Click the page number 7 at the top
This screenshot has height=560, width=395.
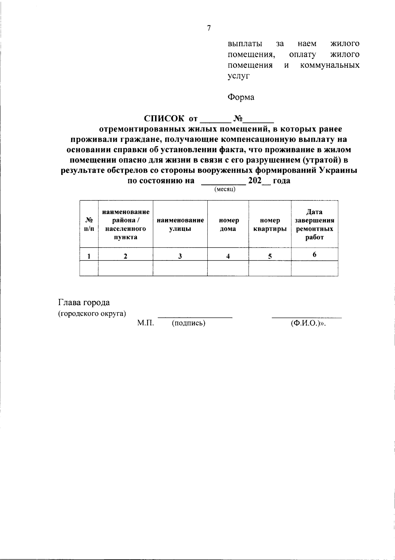(209, 29)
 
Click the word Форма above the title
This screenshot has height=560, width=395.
(241, 97)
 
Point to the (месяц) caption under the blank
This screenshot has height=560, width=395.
(225, 190)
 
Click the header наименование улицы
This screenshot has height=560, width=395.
(180, 224)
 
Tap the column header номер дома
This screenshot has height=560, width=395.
(228, 224)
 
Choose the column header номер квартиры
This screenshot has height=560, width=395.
(270, 224)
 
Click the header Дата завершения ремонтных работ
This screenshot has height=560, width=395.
(314, 224)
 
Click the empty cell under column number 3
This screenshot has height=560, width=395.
(180, 268)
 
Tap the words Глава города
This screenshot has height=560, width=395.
(84, 303)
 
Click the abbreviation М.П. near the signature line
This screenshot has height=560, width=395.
(145, 323)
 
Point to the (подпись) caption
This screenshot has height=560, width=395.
(189, 323)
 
